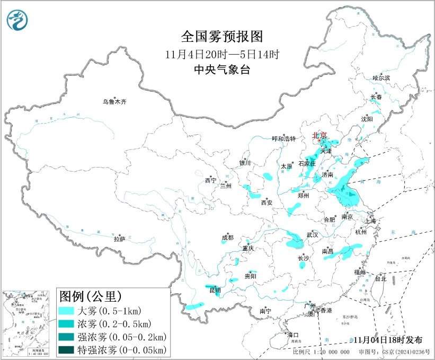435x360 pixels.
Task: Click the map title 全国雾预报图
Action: pyautogui.click(x=221, y=37)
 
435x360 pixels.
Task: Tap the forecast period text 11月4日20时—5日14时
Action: pyautogui.click(x=221, y=54)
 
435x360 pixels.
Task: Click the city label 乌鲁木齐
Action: pyautogui.click(x=115, y=102)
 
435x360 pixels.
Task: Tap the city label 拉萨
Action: pyautogui.click(x=119, y=240)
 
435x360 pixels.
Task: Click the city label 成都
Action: pyautogui.click(x=228, y=238)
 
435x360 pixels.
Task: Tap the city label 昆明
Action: pyautogui.click(x=214, y=291)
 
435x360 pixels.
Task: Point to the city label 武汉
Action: pyautogui.click(x=312, y=234)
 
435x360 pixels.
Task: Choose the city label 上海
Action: pyautogui.click(x=369, y=221)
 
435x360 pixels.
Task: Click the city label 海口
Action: pyautogui.click(x=293, y=335)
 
